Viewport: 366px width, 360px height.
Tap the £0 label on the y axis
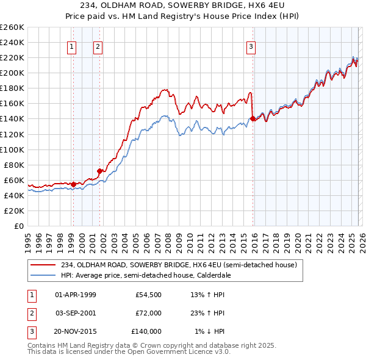(18, 226)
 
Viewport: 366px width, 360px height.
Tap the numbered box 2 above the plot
(98, 46)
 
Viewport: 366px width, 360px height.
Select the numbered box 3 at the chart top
(251, 46)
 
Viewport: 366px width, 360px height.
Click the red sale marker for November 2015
(253, 119)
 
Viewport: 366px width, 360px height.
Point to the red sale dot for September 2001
(99, 171)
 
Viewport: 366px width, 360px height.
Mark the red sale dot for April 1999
(73, 184)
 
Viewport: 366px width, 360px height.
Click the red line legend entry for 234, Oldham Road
(179, 265)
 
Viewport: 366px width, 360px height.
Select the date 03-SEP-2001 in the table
(75, 313)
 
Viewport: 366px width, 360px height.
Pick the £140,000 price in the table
(146, 331)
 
